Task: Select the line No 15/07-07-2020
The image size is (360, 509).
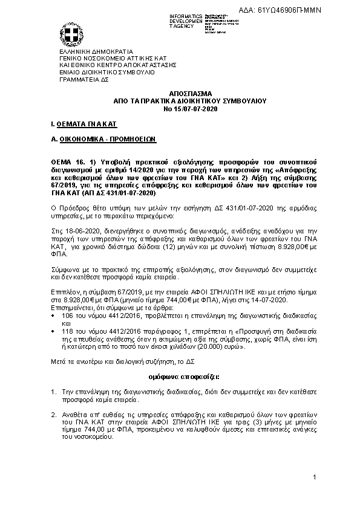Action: point(182,108)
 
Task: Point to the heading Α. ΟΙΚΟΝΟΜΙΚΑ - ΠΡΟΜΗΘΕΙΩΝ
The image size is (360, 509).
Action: point(104,138)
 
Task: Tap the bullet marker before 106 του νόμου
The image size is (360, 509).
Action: point(54,316)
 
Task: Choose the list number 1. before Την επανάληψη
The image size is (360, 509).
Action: point(54,392)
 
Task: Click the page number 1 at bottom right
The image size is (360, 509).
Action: point(315,478)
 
